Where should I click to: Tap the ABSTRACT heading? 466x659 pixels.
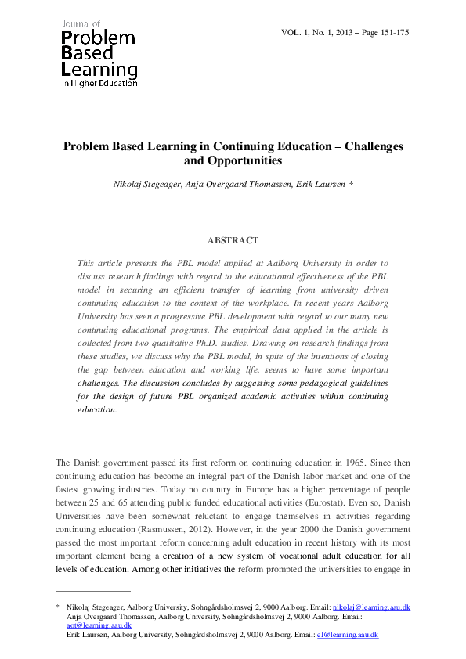coord(232,240)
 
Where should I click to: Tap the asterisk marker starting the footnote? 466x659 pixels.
coord(58,607)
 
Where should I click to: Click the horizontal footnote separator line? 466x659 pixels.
coord(92,591)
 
